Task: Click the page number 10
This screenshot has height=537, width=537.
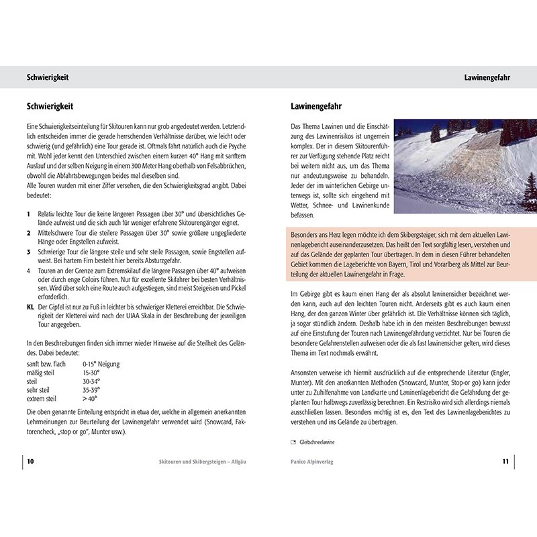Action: (31, 462)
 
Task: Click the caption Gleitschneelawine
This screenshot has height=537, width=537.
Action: (311, 442)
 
